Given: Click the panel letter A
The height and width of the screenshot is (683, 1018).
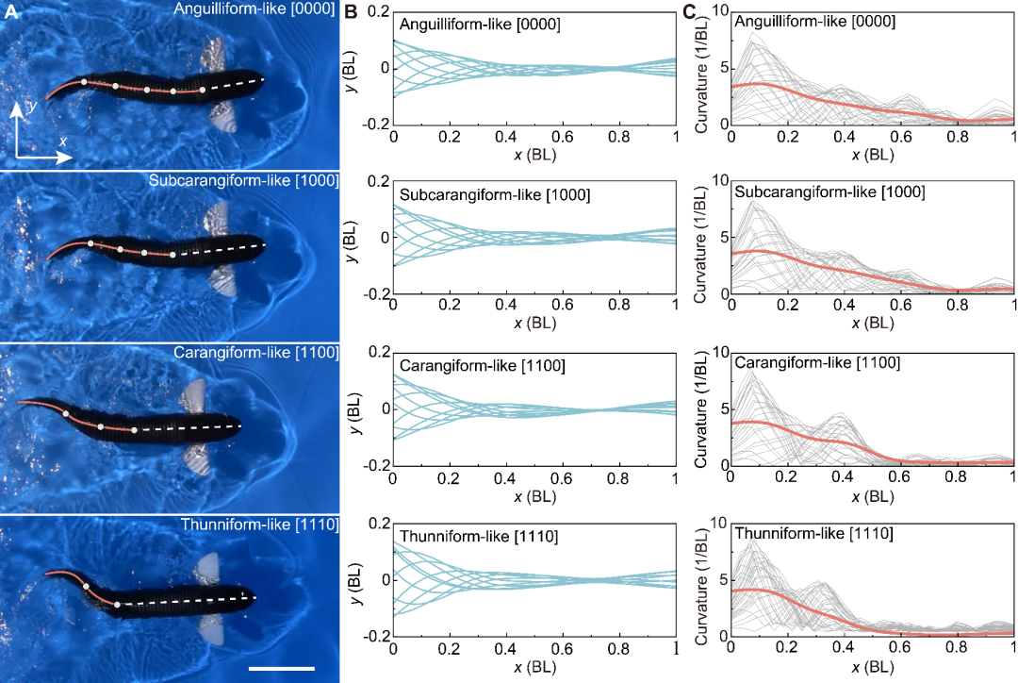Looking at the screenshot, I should pos(8,11).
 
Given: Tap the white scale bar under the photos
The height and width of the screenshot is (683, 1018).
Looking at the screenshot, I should pos(281,668).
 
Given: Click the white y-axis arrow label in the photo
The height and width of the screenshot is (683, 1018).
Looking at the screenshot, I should pos(32,106).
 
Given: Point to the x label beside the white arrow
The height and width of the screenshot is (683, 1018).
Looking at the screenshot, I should pos(63,141).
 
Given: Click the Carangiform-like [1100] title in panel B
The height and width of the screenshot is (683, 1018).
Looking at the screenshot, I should pos(483,365).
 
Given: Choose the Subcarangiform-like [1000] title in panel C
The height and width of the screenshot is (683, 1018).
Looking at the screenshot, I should pos(829,192).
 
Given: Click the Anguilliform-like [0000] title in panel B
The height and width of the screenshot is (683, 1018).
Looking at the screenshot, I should pos(481,25).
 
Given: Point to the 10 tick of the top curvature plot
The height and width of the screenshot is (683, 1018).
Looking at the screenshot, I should pos(716,10).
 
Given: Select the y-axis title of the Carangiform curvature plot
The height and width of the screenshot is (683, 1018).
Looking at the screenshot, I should pos(699,409).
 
